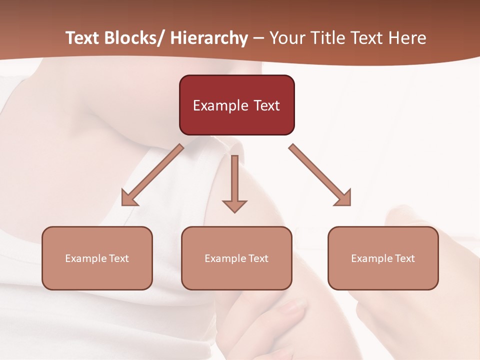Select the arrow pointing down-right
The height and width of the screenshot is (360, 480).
pyautogui.click(x=320, y=175)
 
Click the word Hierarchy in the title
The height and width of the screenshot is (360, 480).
pyautogui.click(x=209, y=38)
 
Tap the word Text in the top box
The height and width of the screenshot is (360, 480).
pyautogui.click(x=266, y=106)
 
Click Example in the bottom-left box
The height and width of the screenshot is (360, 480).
pyautogui.click(x=86, y=258)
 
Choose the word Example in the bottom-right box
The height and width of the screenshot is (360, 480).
pyautogui.click(x=372, y=258)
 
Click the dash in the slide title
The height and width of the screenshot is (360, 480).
pyautogui.click(x=258, y=38)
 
